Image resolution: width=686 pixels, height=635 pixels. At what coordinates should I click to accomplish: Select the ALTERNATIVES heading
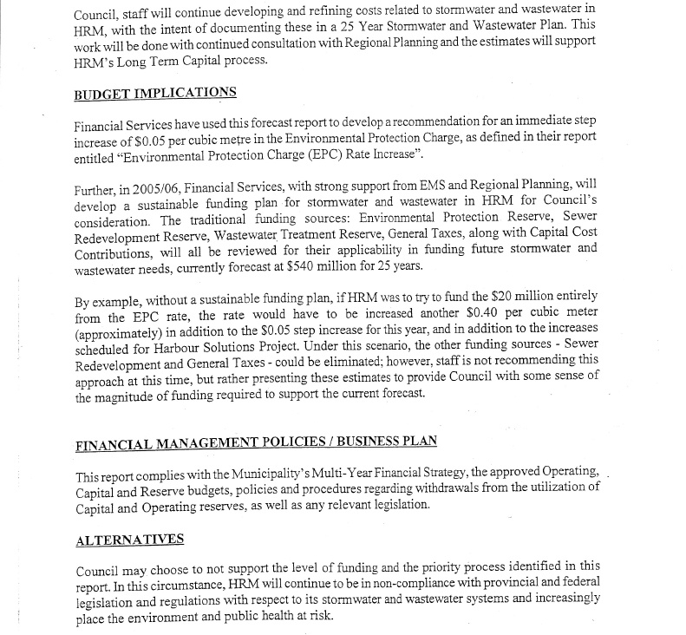130,540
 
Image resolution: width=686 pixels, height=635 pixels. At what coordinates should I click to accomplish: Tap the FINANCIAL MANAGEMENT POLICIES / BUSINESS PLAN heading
257,442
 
